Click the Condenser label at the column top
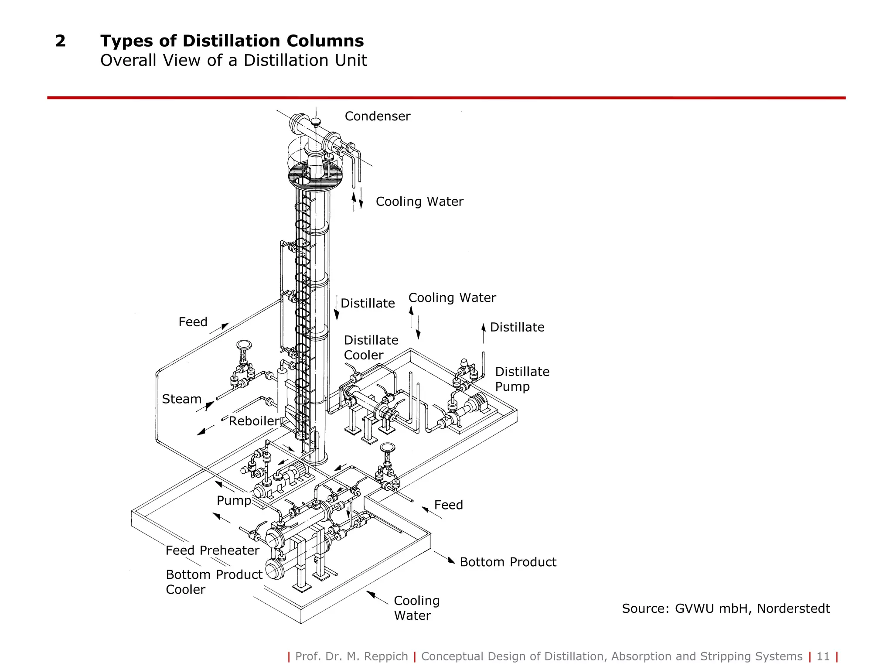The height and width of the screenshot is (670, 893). click(377, 116)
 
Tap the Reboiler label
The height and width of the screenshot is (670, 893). click(254, 421)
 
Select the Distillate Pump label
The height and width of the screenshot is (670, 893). click(522, 379)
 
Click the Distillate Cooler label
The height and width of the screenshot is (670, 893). click(371, 347)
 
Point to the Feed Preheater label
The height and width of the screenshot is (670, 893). click(212, 550)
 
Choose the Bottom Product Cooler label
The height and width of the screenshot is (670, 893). click(214, 582)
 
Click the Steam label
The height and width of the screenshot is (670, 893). click(181, 399)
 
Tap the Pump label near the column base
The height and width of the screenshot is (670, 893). click(234, 500)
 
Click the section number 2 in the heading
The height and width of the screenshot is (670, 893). click(60, 41)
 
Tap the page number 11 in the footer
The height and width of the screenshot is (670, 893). click(823, 656)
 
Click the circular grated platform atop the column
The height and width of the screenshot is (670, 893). click(315, 174)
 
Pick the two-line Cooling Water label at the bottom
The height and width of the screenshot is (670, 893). click(416, 608)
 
